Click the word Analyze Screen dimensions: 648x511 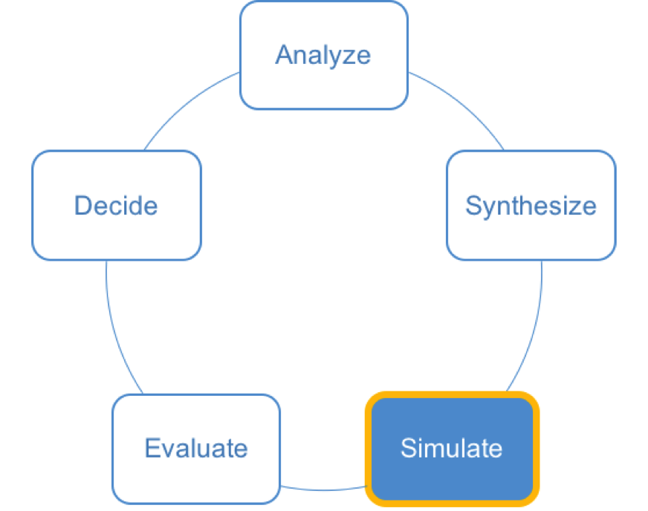click(x=323, y=56)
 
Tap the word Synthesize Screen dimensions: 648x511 click(x=531, y=206)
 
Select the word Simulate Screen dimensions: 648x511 click(x=452, y=448)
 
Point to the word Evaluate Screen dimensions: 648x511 click(x=196, y=448)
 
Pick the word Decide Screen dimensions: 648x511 click(x=116, y=205)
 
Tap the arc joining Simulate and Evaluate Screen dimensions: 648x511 click(x=323, y=490)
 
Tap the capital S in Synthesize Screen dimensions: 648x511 click(x=473, y=205)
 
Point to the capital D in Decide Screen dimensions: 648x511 click(x=83, y=205)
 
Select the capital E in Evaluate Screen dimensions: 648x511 click(x=152, y=448)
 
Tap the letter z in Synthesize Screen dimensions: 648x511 click(x=575, y=208)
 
